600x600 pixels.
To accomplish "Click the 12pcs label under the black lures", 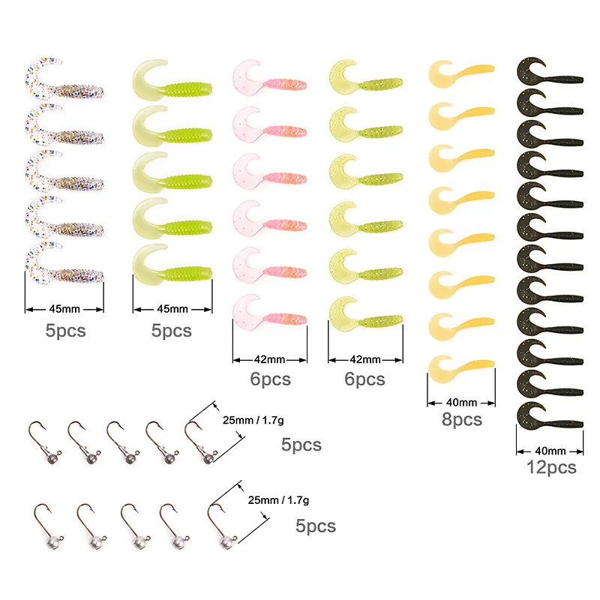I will pos(551,466).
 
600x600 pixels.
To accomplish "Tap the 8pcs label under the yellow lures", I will pos(462,420).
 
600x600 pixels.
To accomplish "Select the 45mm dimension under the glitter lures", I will pos(64,308).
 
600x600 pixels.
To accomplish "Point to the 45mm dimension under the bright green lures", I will pos(172,308).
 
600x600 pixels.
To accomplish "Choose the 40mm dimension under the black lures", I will pos(551,451).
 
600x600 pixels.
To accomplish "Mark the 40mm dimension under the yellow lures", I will pos(462,402).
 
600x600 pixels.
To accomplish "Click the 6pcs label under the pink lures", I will pos(270,379).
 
